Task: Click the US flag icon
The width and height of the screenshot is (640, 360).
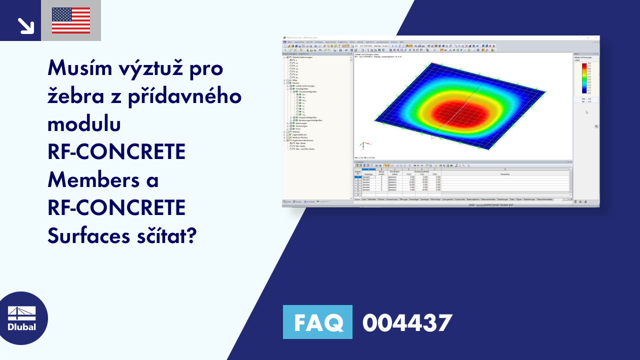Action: click(71, 20)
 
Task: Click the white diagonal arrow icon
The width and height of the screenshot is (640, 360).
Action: click(24, 25)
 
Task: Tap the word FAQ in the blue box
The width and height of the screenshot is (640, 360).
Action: click(317, 322)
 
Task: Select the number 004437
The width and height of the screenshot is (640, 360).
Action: click(407, 322)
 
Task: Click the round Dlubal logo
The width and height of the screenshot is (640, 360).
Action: click(22, 318)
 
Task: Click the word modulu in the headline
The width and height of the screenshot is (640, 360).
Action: click(83, 124)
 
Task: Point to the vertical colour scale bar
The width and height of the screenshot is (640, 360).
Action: click(583, 78)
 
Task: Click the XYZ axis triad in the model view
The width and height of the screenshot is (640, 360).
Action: click(362, 146)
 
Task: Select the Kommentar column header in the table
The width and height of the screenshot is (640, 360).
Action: click(505, 174)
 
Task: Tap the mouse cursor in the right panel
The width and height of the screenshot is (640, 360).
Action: click(586, 112)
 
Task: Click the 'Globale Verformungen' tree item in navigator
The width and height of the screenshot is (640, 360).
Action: click(301, 57)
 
